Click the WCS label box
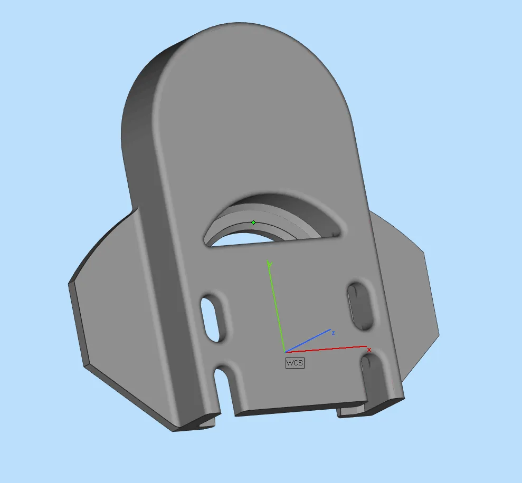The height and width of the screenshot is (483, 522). (x=295, y=363)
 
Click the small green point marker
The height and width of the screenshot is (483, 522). (x=253, y=223)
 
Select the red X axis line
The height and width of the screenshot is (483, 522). (x=326, y=349)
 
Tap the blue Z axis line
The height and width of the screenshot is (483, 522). (x=308, y=341)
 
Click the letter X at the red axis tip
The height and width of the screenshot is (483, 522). (x=369, y=350)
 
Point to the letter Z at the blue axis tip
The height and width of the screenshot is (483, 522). (x=333, y=333)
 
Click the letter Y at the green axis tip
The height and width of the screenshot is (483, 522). (x=270, y=264)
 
